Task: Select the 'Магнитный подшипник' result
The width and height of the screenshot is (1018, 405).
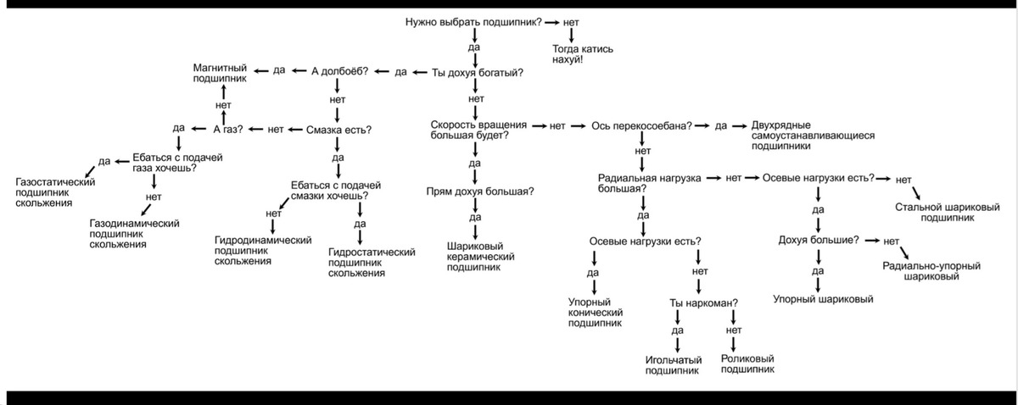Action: click(220, 73)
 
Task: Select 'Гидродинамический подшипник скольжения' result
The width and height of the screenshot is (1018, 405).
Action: click(264, 251)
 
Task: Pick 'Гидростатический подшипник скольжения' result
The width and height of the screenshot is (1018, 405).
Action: click(371, 263)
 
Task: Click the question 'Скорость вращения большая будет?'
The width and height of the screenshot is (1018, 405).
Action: click(478, 130)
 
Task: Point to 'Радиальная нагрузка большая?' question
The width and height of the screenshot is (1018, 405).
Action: click(648, 184)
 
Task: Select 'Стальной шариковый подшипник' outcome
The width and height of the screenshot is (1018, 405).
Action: click(947, 212)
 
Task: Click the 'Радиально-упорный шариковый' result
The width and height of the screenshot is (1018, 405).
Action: click(931, 271)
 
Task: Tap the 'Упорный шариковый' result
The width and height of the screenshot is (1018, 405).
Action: click(822, 299)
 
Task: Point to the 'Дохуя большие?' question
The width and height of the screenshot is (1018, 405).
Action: click(818, 241)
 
